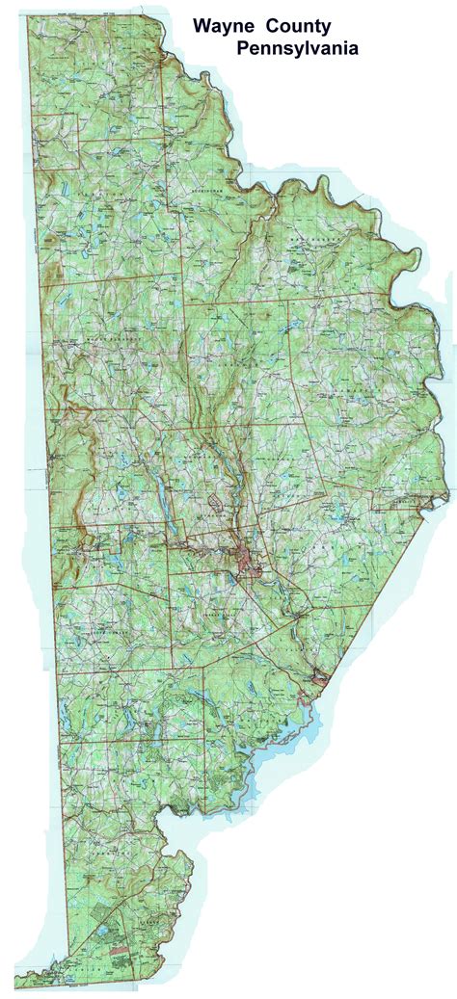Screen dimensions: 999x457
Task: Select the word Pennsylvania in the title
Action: click(x=299, y=47)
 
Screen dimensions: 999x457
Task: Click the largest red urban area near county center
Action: click(x=248, y=560)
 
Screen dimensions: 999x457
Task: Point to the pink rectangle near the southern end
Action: click(x=118, y=949)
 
